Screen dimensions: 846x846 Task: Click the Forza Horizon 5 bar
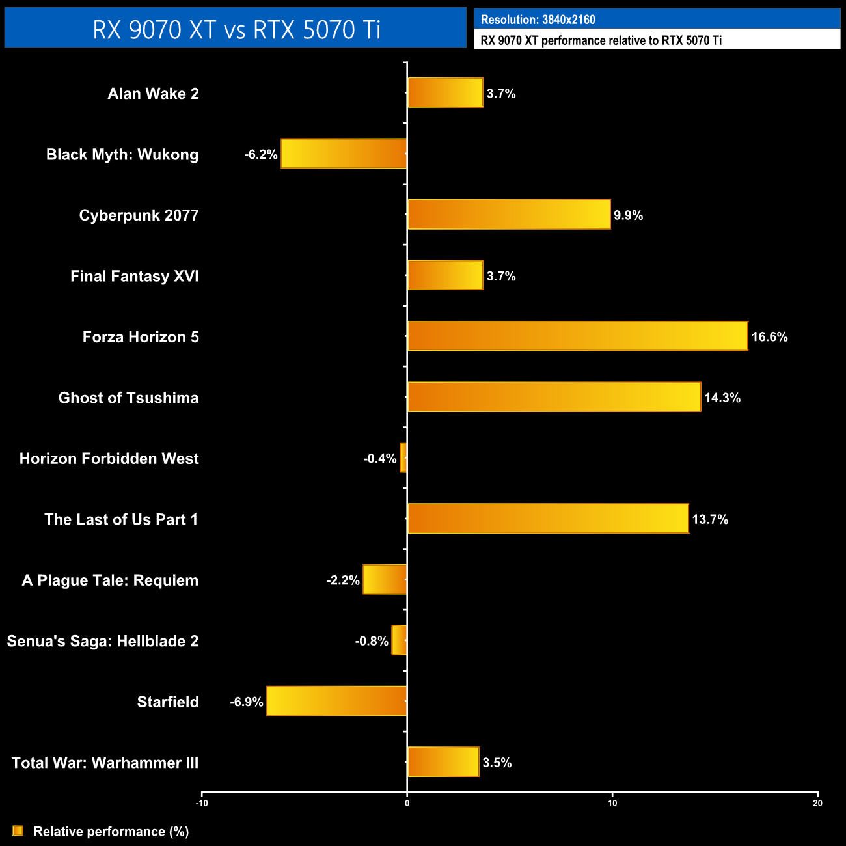[x=577, y=336]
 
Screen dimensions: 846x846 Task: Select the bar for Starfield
[x=336, y=701]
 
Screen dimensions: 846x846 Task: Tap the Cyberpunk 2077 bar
[x=509, y=214]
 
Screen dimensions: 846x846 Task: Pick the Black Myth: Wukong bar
[x=344, y=154]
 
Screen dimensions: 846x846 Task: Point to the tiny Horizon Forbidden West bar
[x=403, y=457]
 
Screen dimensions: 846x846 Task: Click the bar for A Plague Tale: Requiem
[x=385, y=579]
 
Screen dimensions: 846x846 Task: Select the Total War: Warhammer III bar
[x=443, y=761]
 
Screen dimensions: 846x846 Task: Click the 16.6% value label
[x=769, y=337]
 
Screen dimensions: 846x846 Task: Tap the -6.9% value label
[x=247, y=702]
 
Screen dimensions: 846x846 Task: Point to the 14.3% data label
[x=722, y=398]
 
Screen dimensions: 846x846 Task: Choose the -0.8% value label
[x=372, y=641]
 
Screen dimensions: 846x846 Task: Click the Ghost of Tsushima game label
[x=128, y=398]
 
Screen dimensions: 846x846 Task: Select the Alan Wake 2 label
[x=153, y=94]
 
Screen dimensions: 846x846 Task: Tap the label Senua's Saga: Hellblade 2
[x=103, y=641]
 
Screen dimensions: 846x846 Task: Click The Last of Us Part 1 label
[x=121, y=519]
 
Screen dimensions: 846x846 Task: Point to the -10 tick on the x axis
[x=202, y=803]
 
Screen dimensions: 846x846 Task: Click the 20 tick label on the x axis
[x=817, y=803]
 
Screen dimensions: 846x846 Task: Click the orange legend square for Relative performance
[x=18, y=831]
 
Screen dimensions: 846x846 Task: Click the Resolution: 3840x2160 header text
[x=538, y=20]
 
